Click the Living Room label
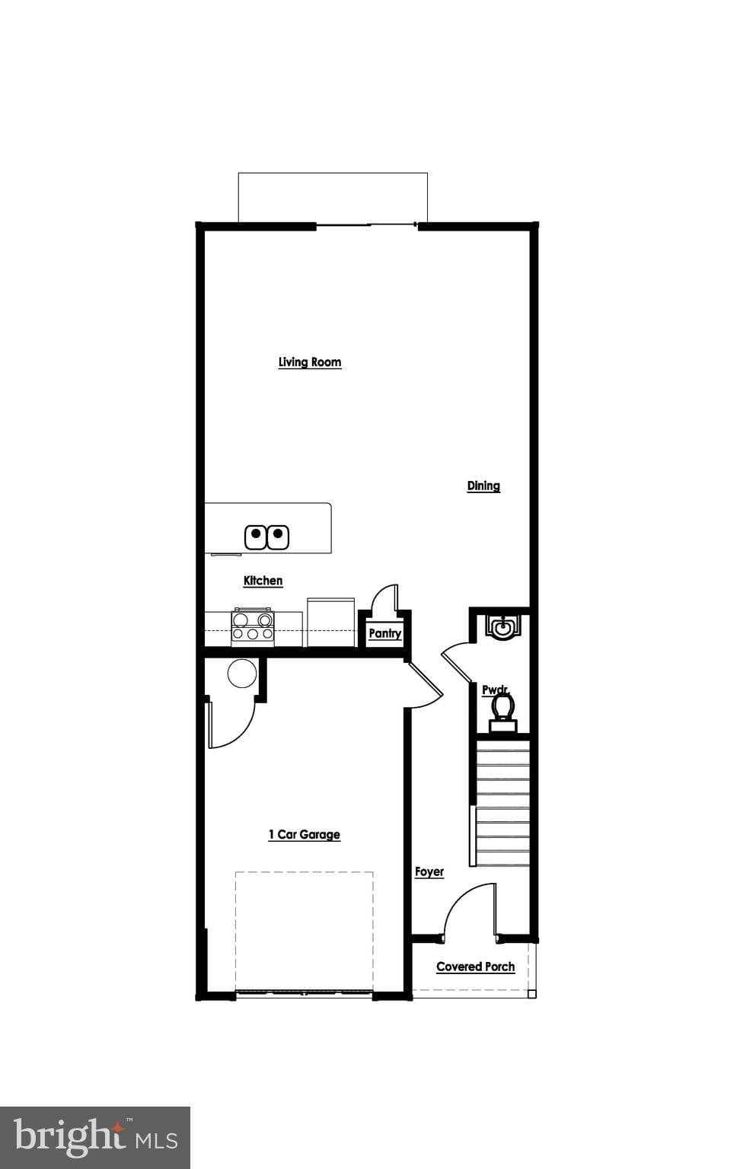(309, 362)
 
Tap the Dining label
(483, 486)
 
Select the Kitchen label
(263, 581)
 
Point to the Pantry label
(384, 633)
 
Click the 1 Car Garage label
(304, 835)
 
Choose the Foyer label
(429, 872)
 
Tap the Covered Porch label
(475, 967)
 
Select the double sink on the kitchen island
(267, 537)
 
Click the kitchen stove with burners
(253, 626)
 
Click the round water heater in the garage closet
(242, 674)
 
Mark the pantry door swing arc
(385, 597)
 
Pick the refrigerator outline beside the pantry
(330, 622)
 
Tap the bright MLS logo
(95, 1137)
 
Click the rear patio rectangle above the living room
(333, 197)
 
